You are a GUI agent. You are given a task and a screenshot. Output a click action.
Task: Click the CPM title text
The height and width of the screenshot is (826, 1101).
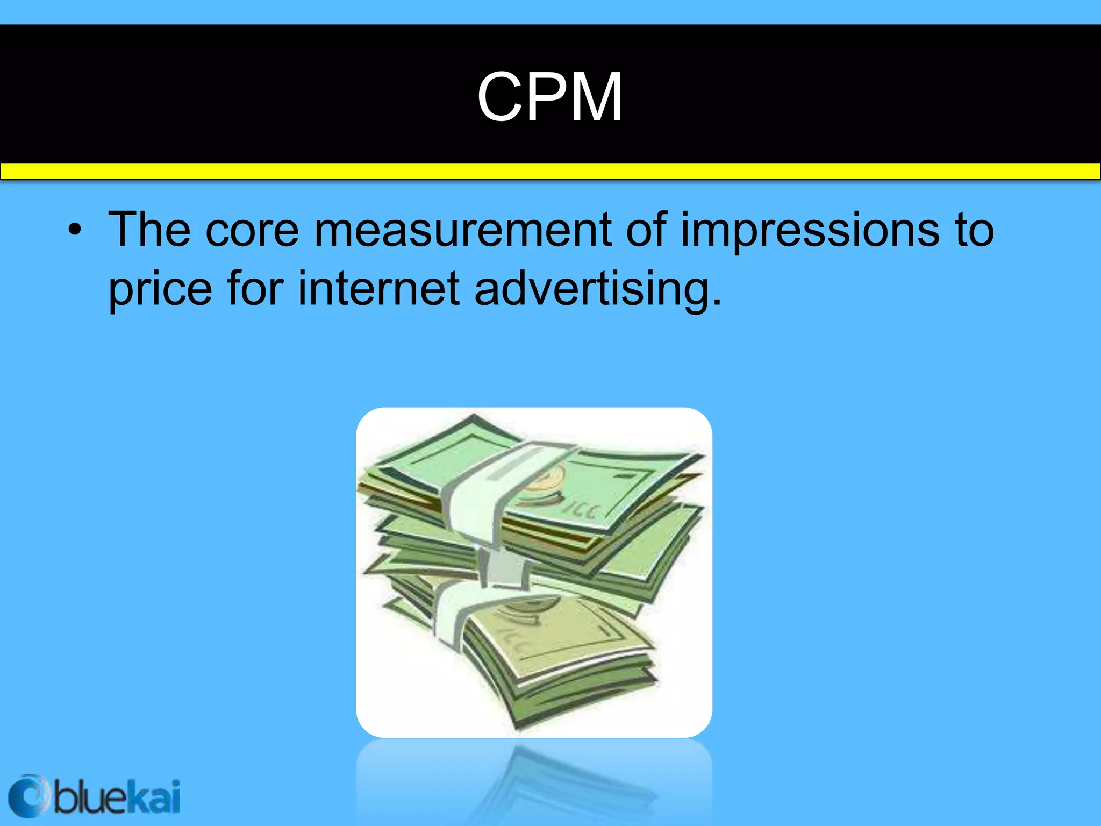tap(549, 97)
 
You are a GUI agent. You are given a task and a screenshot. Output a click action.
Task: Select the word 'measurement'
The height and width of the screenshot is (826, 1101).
tap(462, 230)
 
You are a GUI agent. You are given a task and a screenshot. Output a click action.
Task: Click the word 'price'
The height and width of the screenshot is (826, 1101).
tap(160, 289)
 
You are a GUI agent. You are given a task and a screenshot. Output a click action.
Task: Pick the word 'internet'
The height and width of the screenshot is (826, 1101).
tap(378, 289)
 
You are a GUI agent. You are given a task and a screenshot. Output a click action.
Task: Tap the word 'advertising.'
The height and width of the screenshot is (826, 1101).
tap(598, 289)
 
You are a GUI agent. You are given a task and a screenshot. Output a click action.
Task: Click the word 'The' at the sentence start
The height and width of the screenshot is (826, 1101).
tap(149, 230)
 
